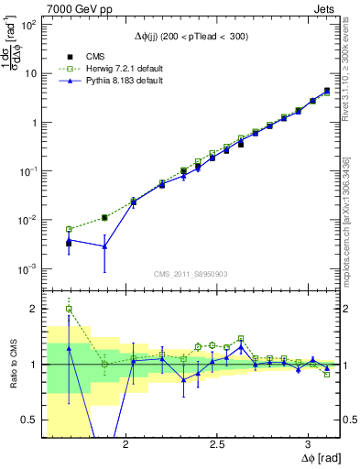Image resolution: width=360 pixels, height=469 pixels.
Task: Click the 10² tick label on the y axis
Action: point(29,26)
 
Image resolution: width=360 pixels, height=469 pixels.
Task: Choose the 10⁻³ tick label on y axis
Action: point(29,269)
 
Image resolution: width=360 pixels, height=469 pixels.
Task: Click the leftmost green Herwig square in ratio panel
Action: point(69,309)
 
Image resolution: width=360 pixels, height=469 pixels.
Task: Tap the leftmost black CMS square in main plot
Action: point(69,243)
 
